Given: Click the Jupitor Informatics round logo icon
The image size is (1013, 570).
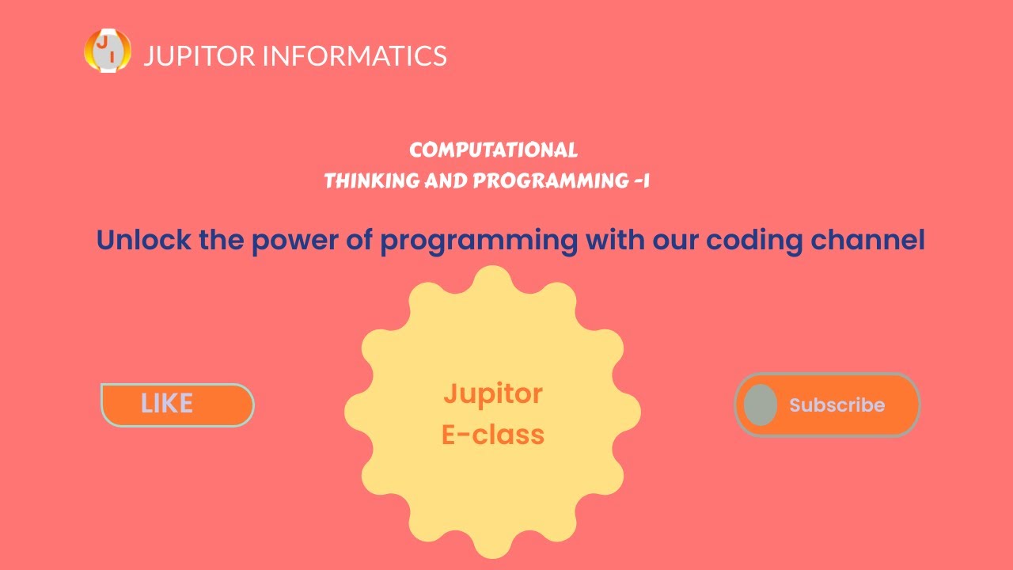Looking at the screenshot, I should point(108,51).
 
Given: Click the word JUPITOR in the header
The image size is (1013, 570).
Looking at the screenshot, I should point(199,56).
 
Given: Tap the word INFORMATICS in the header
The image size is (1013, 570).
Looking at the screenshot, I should point(354,56).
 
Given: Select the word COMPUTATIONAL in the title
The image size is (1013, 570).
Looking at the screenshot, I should point(493,150).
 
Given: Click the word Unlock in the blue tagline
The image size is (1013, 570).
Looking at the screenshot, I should point(143,240).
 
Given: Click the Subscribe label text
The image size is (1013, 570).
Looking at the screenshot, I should point(837,405).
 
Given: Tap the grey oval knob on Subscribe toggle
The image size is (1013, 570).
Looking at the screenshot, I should point(761,405).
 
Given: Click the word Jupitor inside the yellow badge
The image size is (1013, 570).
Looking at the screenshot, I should point(492,393).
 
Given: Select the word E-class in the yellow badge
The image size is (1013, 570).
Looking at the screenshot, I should point(492,435).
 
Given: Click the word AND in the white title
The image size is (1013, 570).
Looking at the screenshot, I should point(446,181).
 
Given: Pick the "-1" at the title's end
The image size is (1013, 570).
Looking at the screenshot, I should point(642,181).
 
